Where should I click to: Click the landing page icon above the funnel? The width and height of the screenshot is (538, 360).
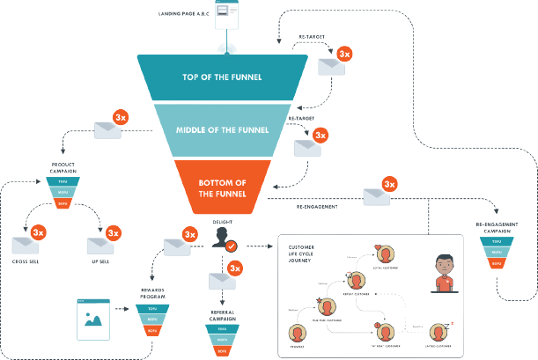click(230, 18)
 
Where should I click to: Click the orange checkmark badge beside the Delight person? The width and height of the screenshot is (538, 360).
click(232, 247)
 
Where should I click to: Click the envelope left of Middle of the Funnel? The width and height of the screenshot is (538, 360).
click(110, 129)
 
